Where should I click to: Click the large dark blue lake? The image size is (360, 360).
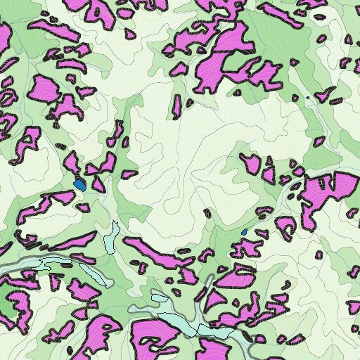point(80,186)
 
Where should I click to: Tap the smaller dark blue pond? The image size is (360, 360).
point(244,232)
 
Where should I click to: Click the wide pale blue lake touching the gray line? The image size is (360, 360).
point(60,264)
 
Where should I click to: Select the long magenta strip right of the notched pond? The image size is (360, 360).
point(158,251)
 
